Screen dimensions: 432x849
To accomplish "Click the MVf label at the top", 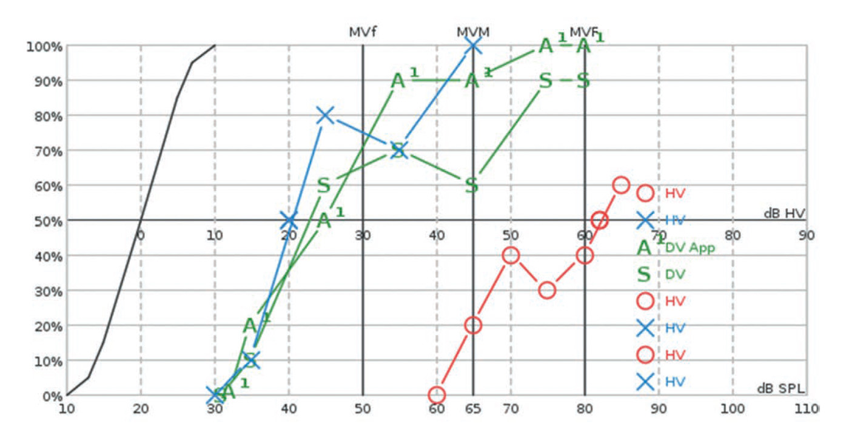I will click(x=363, y=32).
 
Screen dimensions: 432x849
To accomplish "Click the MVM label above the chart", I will click(x=473, y=32).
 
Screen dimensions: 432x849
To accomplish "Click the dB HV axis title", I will click(x=785, y=213).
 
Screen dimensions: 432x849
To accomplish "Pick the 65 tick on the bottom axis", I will click(x=473, y=409).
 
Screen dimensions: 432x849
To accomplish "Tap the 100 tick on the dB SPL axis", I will click(x=733, y=409).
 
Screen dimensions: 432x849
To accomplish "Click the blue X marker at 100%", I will click(x=473, y=46).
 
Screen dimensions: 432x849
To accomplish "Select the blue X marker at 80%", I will click(x=325, y=115).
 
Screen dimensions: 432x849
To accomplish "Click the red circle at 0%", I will click(x=437, y=396).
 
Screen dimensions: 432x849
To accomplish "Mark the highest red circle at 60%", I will click(x=621, y=185).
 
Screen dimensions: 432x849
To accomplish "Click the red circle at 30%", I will click(x=547, y=290).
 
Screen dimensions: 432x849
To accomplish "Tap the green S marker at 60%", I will click(x=472, y=186).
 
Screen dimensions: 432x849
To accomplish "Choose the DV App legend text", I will click(x=690, y=248).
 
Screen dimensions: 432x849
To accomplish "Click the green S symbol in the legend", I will click(x=644, y=274).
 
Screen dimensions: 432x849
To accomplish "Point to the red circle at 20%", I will click(x=473, y=325).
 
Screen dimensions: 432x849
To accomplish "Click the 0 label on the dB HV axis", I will click(x=140, y=235).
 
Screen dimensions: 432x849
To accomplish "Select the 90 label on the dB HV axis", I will click(x=806, y=235).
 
